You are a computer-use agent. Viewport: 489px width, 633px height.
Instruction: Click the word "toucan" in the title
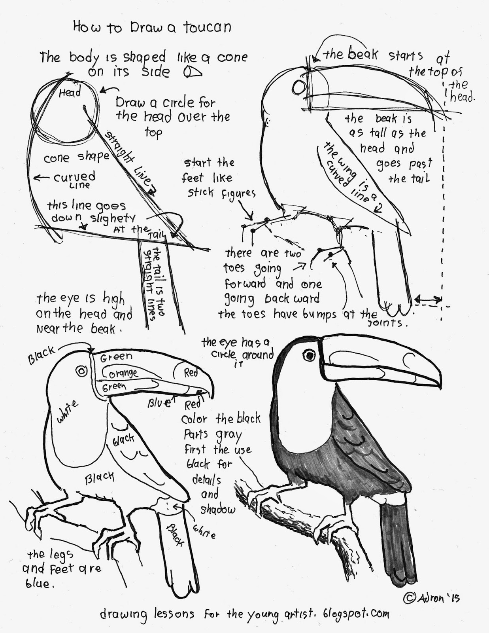point(207,28)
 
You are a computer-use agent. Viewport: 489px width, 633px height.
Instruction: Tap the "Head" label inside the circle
point(70,93)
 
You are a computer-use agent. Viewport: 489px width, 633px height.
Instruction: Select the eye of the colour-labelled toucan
point(82,371)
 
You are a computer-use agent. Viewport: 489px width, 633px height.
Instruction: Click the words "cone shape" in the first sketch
point(76,157)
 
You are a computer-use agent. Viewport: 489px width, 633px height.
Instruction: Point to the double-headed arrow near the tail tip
point(428,300)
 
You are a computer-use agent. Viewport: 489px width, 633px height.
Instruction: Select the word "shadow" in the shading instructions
point(217,509)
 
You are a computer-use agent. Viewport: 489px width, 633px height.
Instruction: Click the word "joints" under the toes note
point(385,323)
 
